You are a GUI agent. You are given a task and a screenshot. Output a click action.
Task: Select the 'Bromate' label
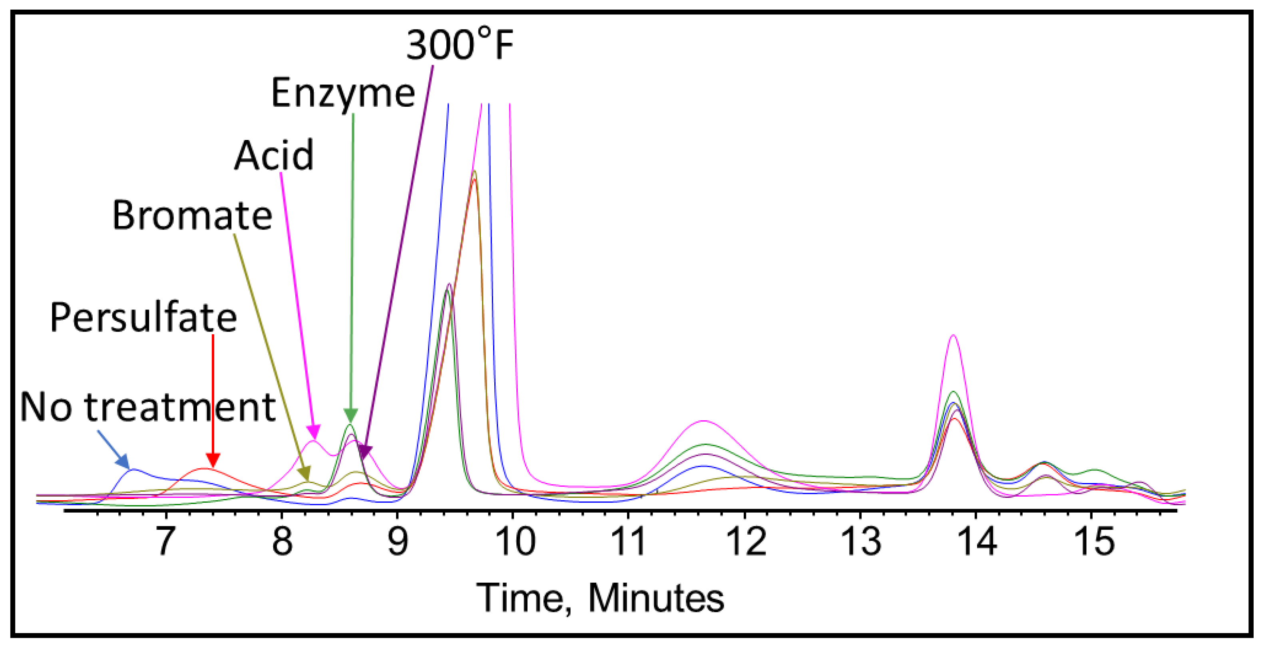point(192,216)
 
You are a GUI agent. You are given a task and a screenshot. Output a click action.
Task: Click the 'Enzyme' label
point(343,94)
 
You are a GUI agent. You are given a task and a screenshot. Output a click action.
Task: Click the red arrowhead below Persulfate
point(213,461)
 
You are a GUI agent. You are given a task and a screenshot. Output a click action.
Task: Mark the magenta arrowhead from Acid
point(314,432)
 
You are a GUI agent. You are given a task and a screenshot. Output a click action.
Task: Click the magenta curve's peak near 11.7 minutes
point(703,421)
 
